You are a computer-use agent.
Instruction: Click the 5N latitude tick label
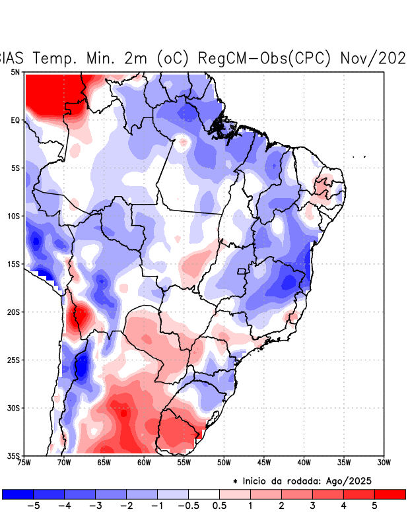click(x=15, y=72)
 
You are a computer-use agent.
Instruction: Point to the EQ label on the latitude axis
click(x=15, y=120)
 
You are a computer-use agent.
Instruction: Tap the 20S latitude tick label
click(x=14, y=312)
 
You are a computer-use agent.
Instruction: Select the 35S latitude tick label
click(x=14, y=455)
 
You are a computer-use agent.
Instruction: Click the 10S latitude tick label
click(x=14, y=216)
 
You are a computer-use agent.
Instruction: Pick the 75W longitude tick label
click(x=24, y=462)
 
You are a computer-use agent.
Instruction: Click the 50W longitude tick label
click(x=224, y=462)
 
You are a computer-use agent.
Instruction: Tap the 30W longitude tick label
click(x=384, y=462)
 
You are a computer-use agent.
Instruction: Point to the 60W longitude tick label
click(x=144, y=462)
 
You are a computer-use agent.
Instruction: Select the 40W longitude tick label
click(x=304, y=462)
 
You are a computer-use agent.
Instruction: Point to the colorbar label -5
click(x=32, y=506)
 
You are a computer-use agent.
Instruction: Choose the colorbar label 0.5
click(x=220, y=506)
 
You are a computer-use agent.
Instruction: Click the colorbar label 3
click(x=312, y=506)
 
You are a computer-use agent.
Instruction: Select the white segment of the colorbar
click(x=204, y=494)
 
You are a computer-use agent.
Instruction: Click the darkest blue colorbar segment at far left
click(x=18, y=494)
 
